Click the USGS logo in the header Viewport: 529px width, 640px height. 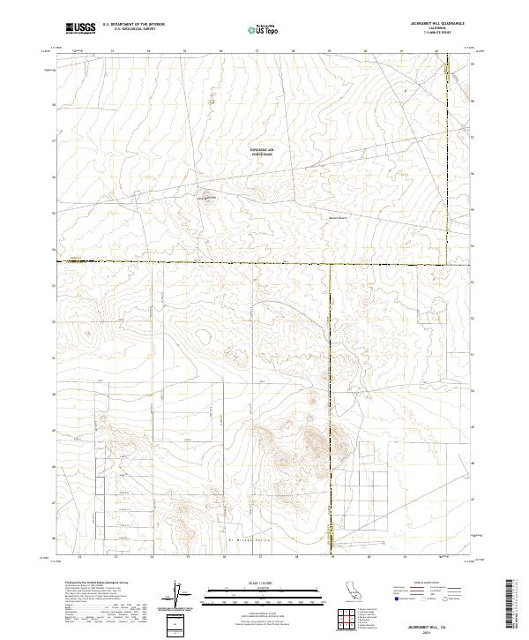tap(79, 28)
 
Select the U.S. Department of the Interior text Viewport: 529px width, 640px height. tap(133, 24)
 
